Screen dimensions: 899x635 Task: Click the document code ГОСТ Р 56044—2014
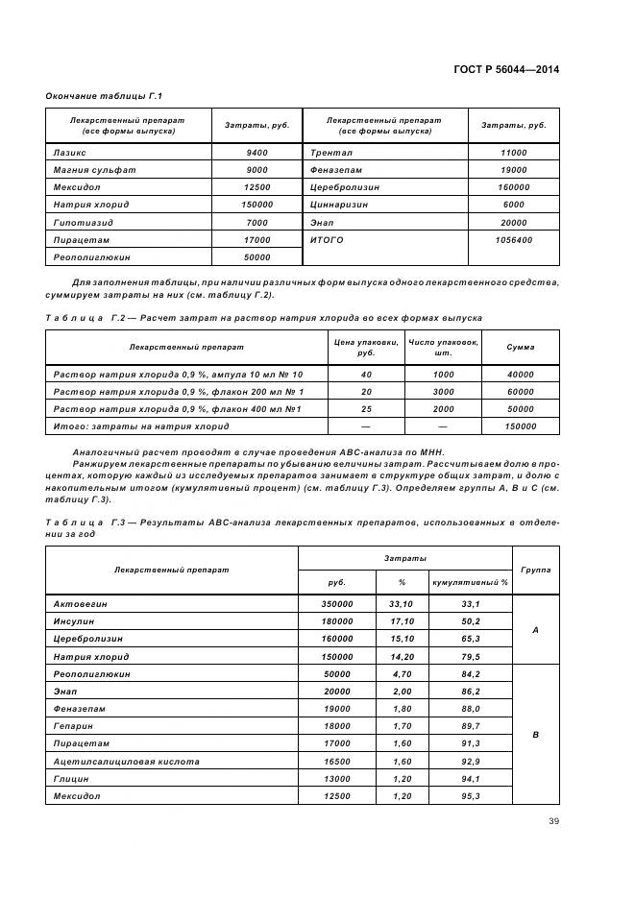click(506, 69)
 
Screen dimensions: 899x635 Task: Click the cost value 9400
click(257, 153)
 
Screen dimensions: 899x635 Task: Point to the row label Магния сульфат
click(94, 170)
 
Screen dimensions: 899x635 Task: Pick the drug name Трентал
click(331, 153)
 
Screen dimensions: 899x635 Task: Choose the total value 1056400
click(514, 239)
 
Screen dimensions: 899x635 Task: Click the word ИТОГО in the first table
click(327, 239)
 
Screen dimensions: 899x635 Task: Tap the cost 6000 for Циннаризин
click(514, 205)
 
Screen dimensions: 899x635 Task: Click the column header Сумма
click(521, 347)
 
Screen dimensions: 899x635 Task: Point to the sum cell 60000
click(521, 392)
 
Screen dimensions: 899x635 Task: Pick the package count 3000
click(443, 392)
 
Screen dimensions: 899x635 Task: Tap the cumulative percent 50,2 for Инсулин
click(471, 622)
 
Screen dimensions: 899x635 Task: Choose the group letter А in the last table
click(535, 631)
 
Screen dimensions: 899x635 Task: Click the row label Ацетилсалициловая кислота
click(127, 762)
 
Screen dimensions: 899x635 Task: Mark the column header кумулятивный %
click(471, 582)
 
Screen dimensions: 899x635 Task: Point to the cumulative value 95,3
click(471, 796)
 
